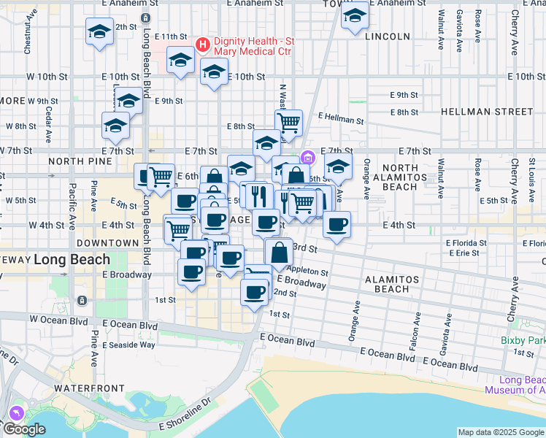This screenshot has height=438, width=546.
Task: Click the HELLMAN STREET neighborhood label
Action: click(x=487, y=112)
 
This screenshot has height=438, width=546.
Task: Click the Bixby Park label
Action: click(x=524, y=340)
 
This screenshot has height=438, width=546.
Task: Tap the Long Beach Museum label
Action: click(x=515, y=385)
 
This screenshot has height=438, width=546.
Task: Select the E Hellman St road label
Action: click(x=341, y=118)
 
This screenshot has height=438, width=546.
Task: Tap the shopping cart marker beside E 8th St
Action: click(x=289, y=123)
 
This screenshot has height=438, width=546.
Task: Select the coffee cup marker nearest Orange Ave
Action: click(x=337, y=224)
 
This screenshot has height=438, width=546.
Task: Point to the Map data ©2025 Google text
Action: click(x=500, y=432)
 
